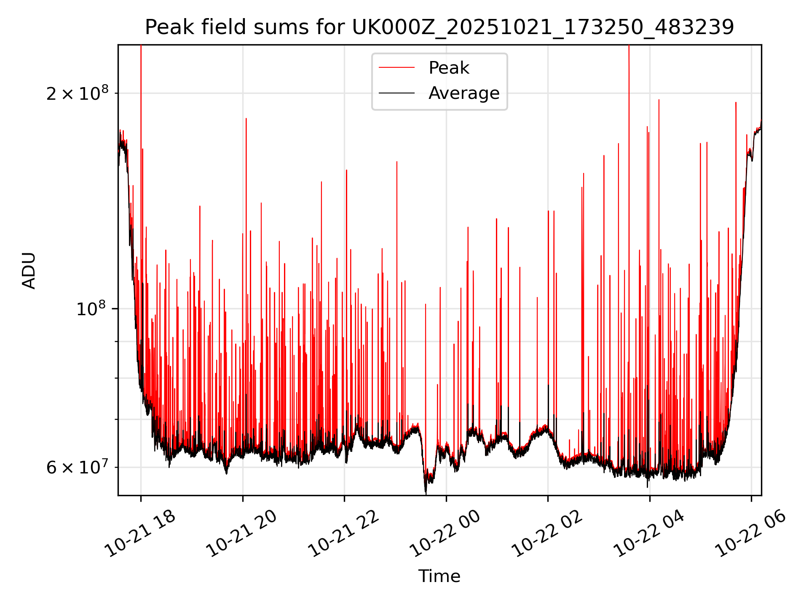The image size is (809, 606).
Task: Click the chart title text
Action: tap(439, 27)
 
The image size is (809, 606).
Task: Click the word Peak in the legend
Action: tap(449, 68)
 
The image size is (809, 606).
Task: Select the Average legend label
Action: tap(463, 93)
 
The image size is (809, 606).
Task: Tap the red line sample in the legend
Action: tap(396, 68)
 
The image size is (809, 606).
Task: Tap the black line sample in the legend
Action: tap(396, 93)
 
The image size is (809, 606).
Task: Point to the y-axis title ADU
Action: tap(29, 271)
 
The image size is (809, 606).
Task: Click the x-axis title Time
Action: tap(439, 576)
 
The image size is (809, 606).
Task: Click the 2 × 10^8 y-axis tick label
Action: tap(77, 93)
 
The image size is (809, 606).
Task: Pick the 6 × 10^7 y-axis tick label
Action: tap(77, 468)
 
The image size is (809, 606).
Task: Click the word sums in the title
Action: tap(279, 27)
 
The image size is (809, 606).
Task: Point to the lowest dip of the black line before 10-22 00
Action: tap(426, 492)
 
